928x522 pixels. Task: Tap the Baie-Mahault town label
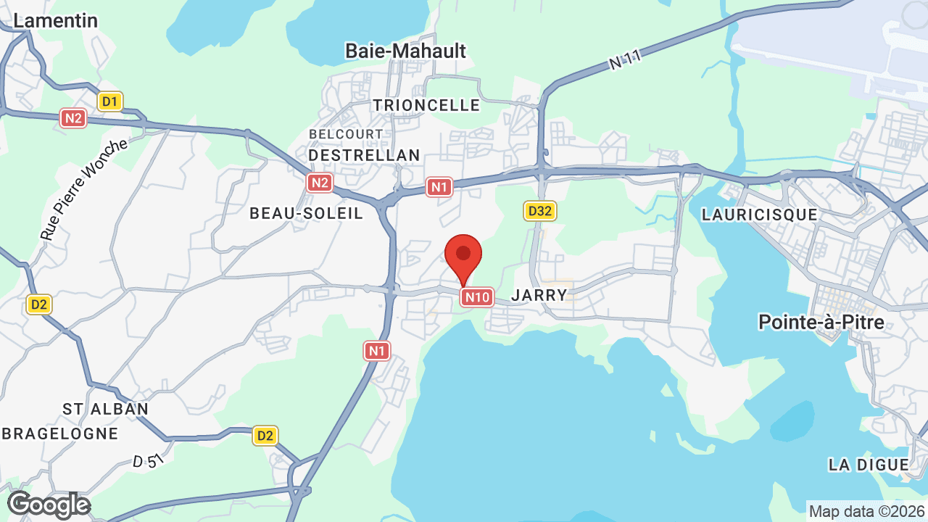(405, 51)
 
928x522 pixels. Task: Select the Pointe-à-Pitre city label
(821, 322)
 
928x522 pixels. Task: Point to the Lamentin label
(55, 20)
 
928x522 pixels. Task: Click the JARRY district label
(539, 295)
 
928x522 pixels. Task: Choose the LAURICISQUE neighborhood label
(759, 215)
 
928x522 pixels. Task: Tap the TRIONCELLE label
(426, 106)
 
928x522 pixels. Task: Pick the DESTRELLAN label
(364, 155)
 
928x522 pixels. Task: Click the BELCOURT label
(346, 134)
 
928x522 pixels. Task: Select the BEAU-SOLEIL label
(306, 213)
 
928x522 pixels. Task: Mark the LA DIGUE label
(869, 465)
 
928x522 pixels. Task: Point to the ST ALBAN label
(105, 409)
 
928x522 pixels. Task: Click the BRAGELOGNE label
(60, 434)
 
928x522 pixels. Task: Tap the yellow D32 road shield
(539, 211)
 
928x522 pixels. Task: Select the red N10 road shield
(478, 297)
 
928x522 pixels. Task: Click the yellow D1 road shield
(110, 101)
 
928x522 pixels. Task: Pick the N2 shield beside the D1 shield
(73, 118)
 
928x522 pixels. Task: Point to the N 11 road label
(624, 59)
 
